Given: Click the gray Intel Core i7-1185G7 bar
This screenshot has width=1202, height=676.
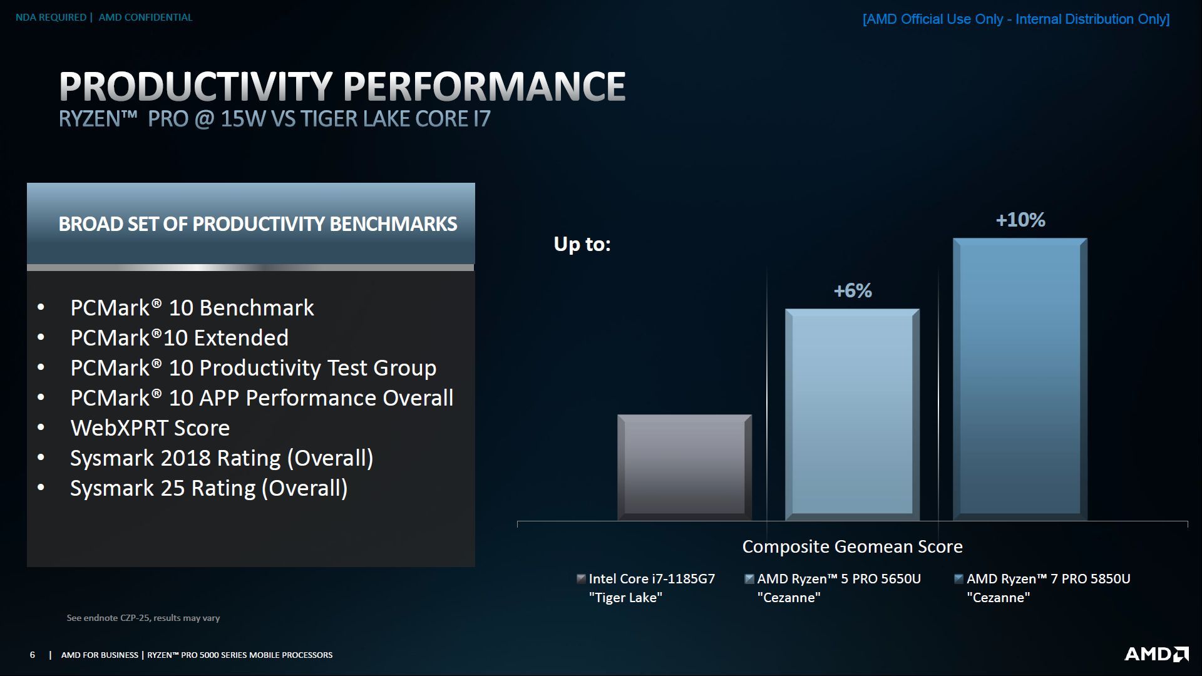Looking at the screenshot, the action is [684, 467].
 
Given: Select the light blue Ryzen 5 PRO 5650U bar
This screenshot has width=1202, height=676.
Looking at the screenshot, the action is [852, 414].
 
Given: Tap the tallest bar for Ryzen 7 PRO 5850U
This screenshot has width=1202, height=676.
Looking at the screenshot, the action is [1020, 379].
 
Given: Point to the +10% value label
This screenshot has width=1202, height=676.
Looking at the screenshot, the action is [1020, 220].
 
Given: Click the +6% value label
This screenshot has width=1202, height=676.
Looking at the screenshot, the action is [853, 290].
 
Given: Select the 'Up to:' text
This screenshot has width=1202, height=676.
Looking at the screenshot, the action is [582, 244].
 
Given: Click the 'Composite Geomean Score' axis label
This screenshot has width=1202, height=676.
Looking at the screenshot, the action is [852, 546].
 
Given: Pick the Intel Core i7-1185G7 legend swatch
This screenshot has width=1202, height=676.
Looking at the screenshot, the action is [581, 579].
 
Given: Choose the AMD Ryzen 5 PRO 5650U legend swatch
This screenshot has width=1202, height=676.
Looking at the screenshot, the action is [749, 579].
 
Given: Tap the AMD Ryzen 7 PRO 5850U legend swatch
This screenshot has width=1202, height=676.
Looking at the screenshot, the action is [958, 579].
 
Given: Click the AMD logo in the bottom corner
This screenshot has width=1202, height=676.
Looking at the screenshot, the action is [1156, 654].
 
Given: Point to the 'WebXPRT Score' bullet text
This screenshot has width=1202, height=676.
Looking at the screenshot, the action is [150, 428].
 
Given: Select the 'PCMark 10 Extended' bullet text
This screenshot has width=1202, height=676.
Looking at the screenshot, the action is [180, 338].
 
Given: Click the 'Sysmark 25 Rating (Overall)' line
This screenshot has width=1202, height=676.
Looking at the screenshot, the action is [209, 488].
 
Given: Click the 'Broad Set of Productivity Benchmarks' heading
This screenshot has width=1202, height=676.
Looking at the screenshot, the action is [258, 224].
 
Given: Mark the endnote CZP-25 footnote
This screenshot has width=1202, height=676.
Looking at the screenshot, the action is [143, 618].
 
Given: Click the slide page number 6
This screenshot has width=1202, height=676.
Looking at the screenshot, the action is [33, 655].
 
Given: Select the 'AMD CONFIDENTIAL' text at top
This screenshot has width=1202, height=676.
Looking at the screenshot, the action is [145, 18].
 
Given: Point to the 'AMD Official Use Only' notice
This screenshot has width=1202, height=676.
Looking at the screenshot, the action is [1016, 19].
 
